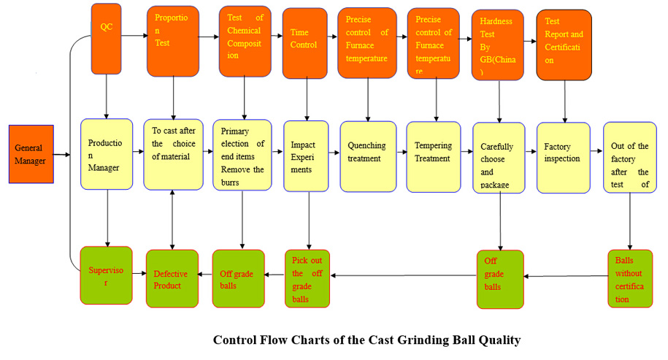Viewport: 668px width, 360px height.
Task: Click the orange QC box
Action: click(107, 39)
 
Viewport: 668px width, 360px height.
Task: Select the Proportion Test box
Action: click(172, 41)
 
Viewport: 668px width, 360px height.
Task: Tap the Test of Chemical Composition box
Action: click(245, 42)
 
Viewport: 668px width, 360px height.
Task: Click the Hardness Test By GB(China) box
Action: click(499, 45)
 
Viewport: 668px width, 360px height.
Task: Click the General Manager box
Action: click(31, 154)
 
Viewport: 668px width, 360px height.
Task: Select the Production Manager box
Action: click(107, 156)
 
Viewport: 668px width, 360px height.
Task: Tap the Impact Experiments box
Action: click(305, 156)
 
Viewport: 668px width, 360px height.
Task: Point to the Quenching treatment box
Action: click(368, 156)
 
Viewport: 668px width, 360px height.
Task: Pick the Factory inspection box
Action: click(563, 157)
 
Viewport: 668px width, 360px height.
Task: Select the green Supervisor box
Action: click(106, 275)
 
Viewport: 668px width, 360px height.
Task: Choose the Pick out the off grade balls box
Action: click(307, 277)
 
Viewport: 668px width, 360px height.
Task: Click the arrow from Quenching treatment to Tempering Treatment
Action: click(402, 154)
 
